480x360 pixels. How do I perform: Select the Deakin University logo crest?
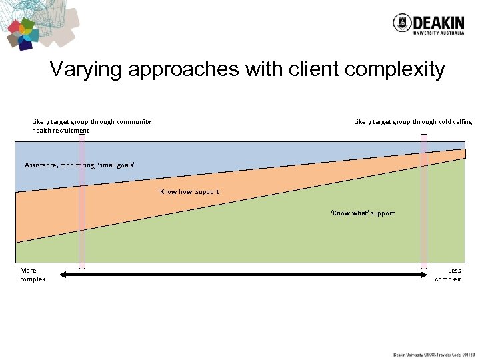pos(401,23)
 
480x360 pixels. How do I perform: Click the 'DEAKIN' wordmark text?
pos(438,21)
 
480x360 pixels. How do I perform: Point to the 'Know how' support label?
pos(189,192)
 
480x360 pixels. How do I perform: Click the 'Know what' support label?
pos(363,213)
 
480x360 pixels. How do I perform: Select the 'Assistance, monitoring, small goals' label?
pos(71,164)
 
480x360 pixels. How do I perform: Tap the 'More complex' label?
pos(32,275)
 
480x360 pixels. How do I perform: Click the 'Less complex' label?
pos(448,275)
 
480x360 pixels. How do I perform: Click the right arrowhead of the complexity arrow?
pos(423,274)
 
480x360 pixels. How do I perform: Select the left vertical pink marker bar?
pos(82,200)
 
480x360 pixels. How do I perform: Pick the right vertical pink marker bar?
pos(423,200)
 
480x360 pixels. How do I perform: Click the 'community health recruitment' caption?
pos(91,126)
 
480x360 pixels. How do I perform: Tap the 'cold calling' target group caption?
pos(413,122)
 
